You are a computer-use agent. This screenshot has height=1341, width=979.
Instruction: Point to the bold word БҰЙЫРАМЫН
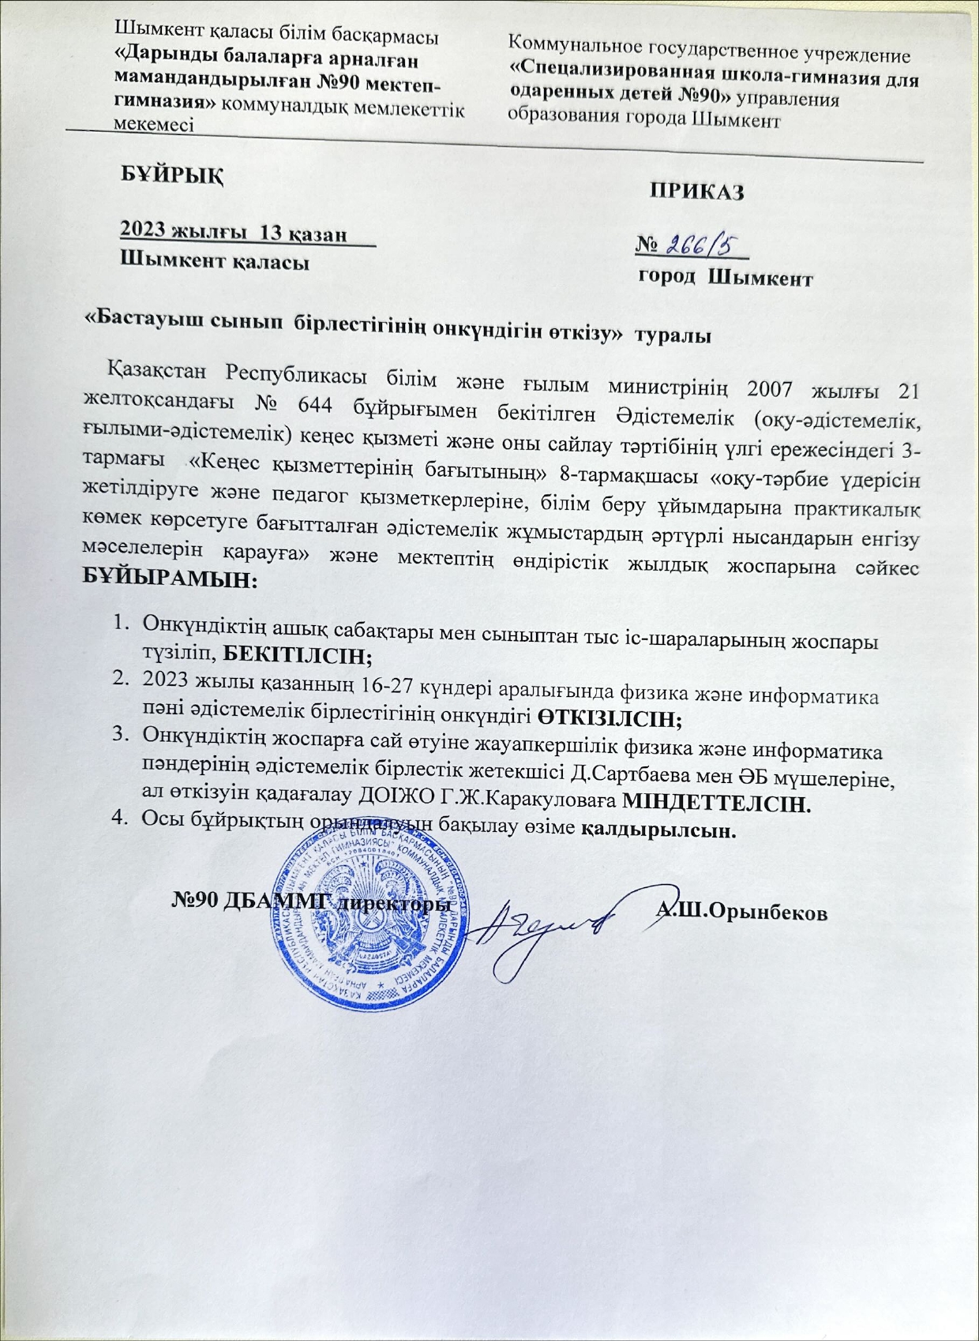[x=169, y=580]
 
